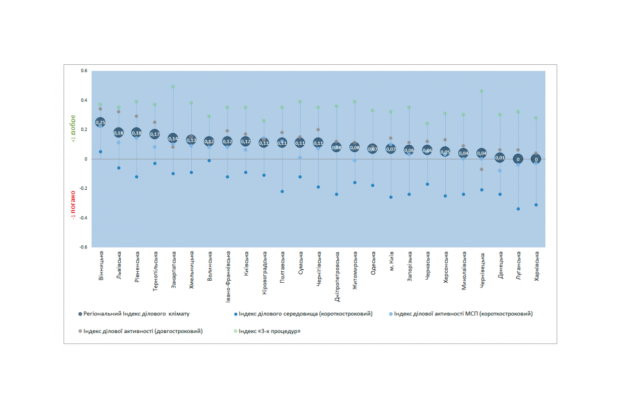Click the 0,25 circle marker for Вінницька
[x=101, y=122]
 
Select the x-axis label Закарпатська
[x=173, y=270]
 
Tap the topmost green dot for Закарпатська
[x=173, y=87]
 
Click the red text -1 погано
[x=73, y=204]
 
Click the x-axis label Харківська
[x=536, y=266]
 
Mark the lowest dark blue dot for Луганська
[x=518, y=209]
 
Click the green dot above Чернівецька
[x=482, y=91]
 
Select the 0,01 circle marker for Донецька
[x=500, y=158]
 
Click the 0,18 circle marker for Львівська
[x=119, y=133]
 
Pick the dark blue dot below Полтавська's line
[x=282, y=191]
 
